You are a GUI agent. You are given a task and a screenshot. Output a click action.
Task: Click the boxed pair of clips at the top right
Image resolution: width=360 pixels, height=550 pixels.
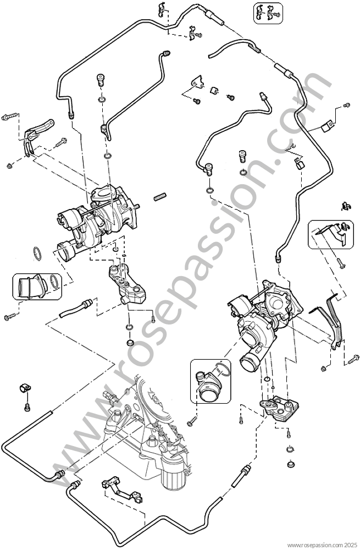268,13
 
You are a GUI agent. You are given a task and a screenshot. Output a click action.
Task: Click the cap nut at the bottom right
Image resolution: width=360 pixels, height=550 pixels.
290,464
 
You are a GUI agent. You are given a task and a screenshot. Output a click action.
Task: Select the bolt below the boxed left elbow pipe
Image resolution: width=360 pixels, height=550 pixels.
10,316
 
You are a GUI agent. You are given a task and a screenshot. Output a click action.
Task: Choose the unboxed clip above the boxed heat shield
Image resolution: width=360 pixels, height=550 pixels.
346,206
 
